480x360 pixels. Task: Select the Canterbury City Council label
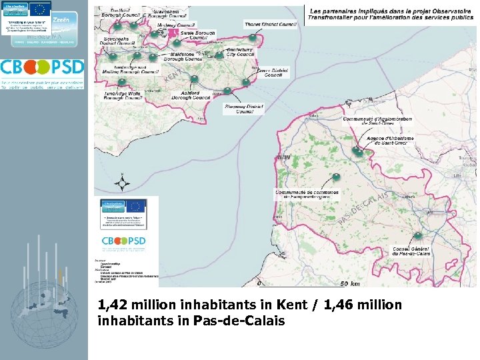tap(240, 51)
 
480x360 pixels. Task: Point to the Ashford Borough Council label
tap(191, 95)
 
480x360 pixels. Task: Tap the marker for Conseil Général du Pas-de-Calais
tap(417, 236)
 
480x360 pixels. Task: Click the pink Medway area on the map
tap(175, 31)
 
